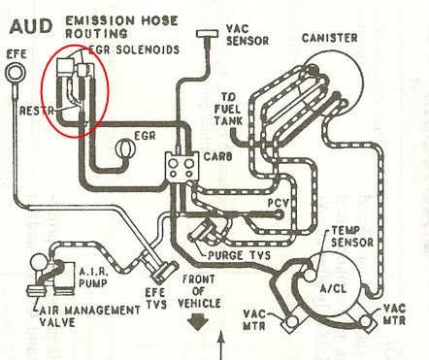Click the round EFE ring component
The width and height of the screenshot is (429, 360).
pos(15,68)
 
